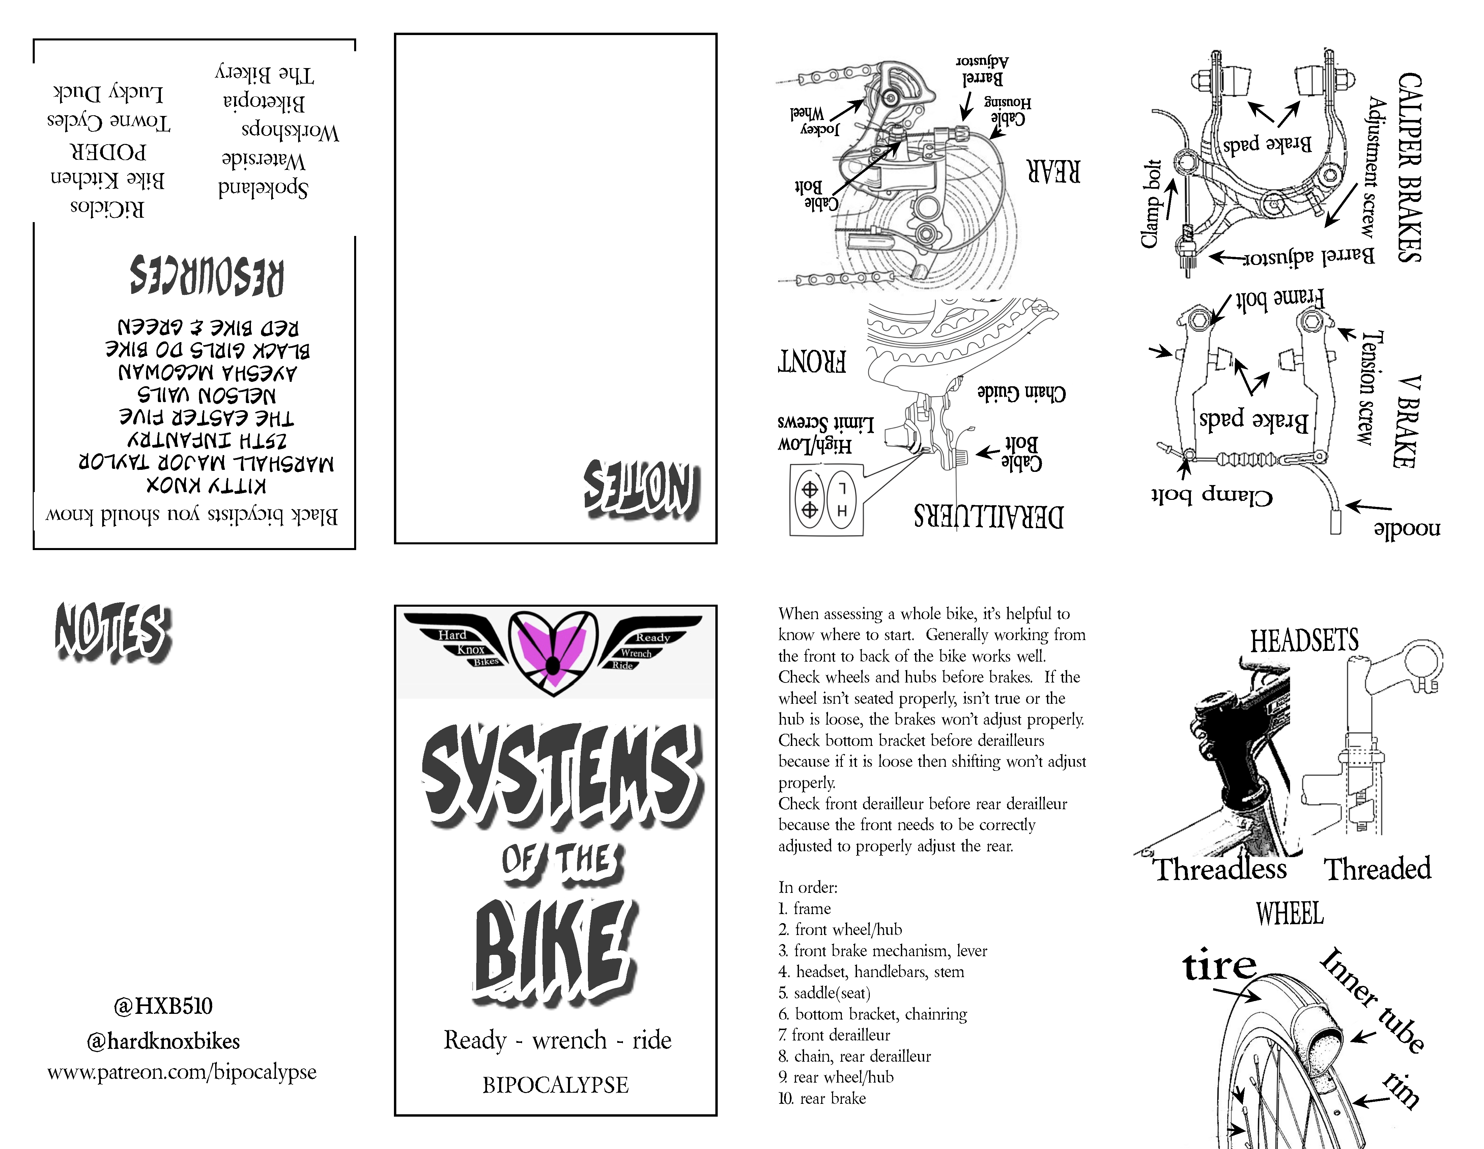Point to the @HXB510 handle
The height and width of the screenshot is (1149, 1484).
pyautogui.click(x=163, y=1006)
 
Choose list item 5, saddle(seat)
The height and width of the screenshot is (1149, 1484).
pyautogui.click(x=824, y=993)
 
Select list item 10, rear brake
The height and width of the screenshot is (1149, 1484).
pyautogui.click(x=822, y=1098)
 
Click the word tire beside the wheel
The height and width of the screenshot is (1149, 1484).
pyautogui.click(x=1220, y=966)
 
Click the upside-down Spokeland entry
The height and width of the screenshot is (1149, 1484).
pyautogui.click(x=263, y=187)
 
